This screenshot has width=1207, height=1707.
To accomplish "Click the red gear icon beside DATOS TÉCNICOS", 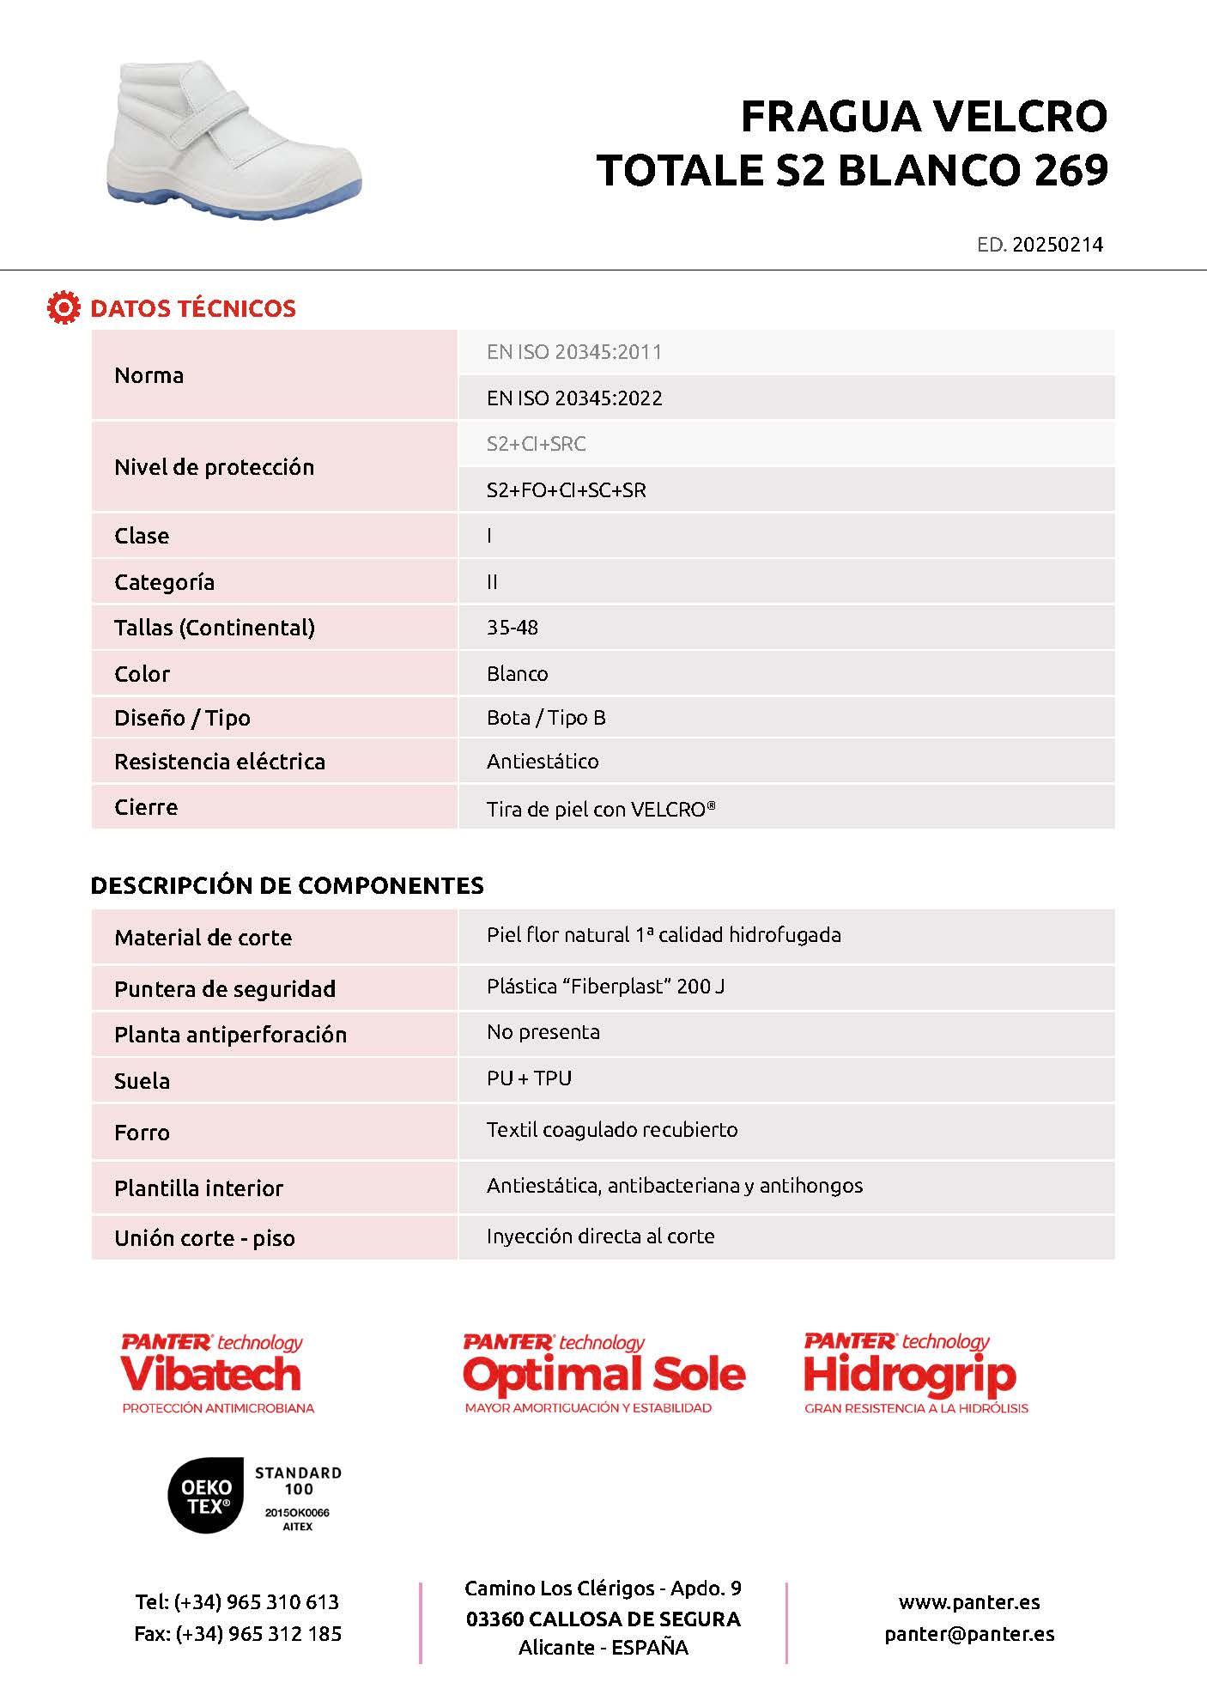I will (x=63, y=307).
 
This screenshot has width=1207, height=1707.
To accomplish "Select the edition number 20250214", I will (x=1057, y=245).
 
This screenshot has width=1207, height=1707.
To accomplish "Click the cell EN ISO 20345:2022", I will (x=574, y=398).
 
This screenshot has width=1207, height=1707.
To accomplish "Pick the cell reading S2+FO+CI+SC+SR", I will (x=566, y=490).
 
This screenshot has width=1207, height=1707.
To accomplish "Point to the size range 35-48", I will (x=513, y=628).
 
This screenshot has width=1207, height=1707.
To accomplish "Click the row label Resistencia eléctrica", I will (x=220, y=762).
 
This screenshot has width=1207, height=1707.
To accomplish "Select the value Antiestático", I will (x=543, y=762).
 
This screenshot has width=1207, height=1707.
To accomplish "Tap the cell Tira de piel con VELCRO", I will (x=601, y=809).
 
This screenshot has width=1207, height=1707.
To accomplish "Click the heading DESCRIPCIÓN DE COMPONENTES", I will (x=287, y=885).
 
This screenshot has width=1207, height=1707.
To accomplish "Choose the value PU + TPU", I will (x=529, y=1078).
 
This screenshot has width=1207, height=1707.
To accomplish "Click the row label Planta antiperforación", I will (x=230, y=1035).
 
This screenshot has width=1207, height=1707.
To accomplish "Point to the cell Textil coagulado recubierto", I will (x=612, y=1130).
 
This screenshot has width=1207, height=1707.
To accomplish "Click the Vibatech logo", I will (x=215, y=1373).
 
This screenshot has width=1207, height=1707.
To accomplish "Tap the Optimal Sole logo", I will (x=603, y=1373).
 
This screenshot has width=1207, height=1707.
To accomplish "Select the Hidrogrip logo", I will (x=913, y=1373).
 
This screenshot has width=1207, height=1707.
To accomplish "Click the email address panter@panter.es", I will (x=969, y=1634).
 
